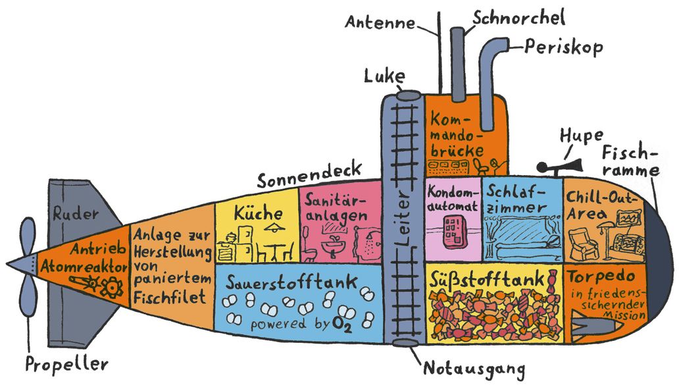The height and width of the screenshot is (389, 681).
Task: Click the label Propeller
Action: tap(66, 363)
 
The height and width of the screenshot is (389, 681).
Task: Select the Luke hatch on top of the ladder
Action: tap(405, 96)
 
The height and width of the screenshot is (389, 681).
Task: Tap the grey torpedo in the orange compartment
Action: tap(596, 326)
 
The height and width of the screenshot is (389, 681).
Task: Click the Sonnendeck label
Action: tap(296, 180)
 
